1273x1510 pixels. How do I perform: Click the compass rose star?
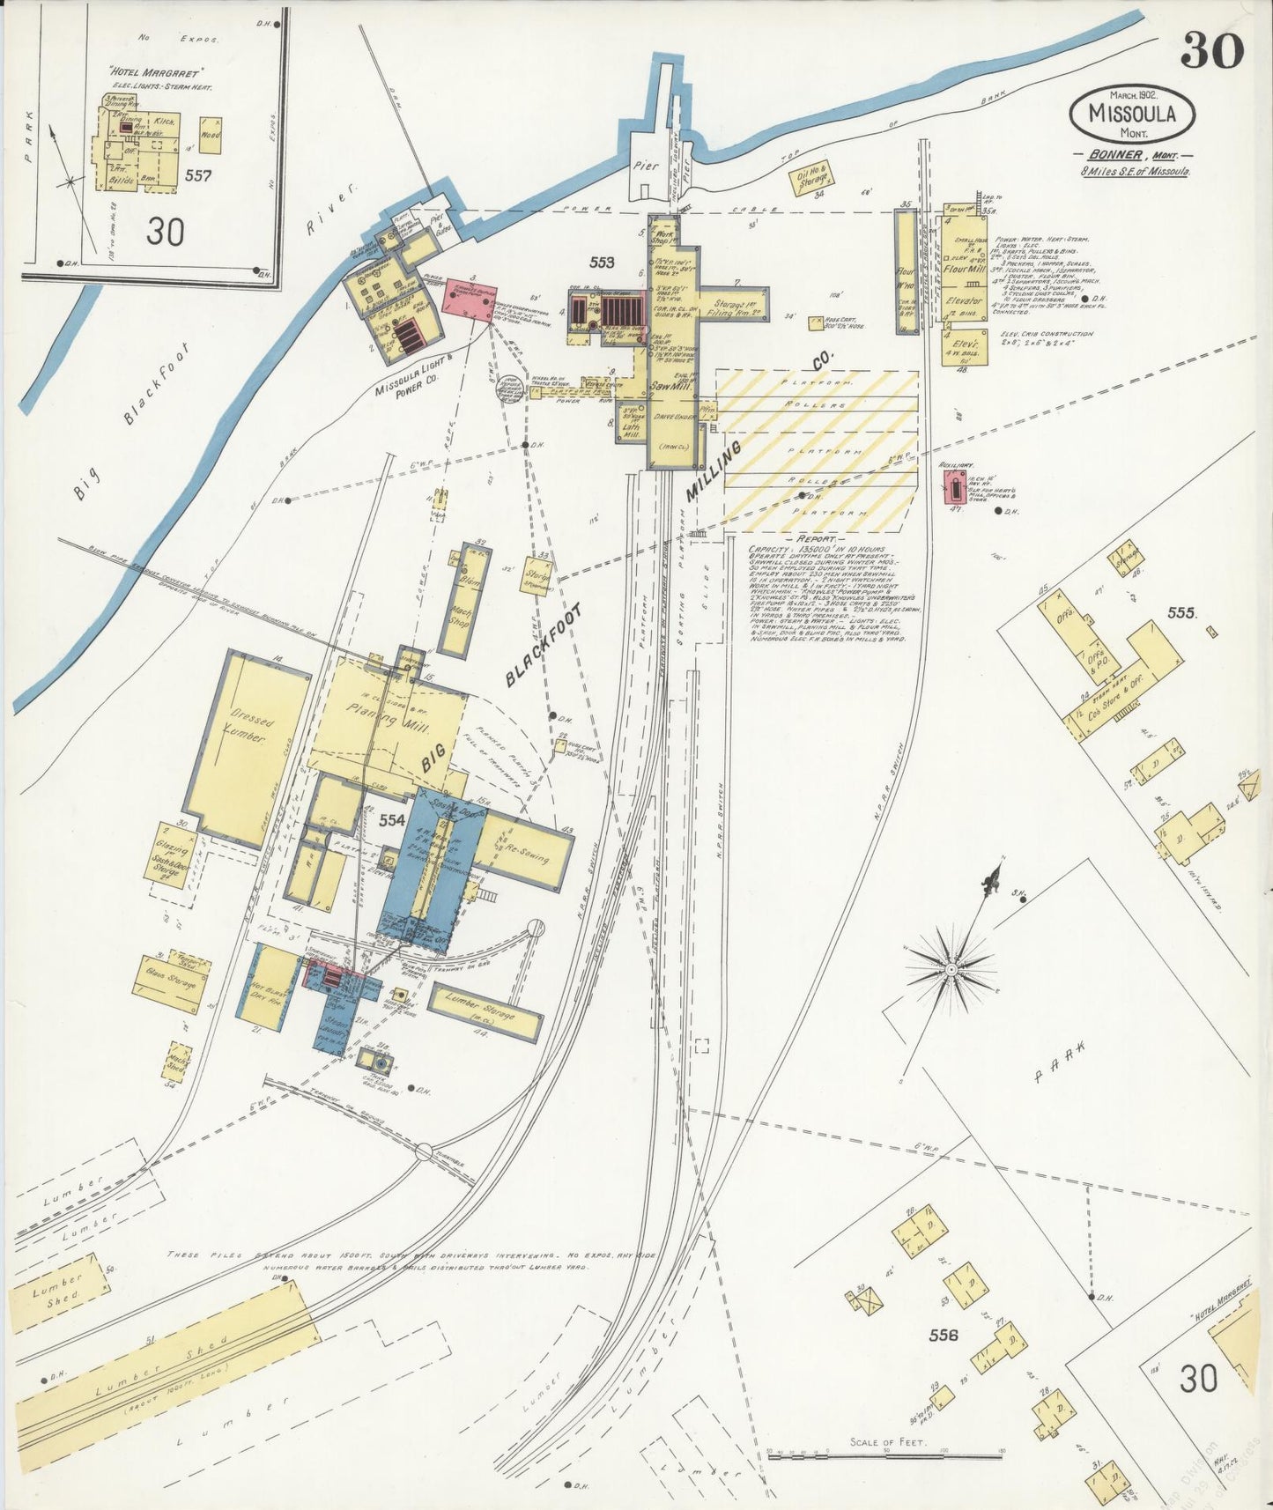951,969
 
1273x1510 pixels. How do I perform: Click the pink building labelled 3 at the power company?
467,297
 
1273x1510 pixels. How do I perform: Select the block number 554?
391,820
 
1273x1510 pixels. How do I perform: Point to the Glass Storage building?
172,978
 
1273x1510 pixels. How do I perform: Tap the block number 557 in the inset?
198,175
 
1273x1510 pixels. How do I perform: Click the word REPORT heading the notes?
815,538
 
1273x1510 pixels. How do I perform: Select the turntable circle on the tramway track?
424,1151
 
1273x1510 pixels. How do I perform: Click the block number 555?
1181,611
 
